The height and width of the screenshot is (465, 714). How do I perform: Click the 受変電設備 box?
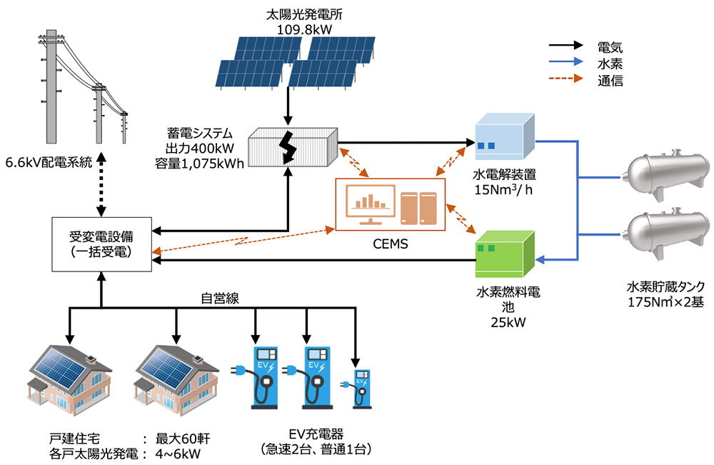tap(104, 244)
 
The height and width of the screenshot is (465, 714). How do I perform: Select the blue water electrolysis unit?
tap(505, 137)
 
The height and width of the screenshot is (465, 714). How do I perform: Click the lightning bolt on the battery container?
tap(289, 146)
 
